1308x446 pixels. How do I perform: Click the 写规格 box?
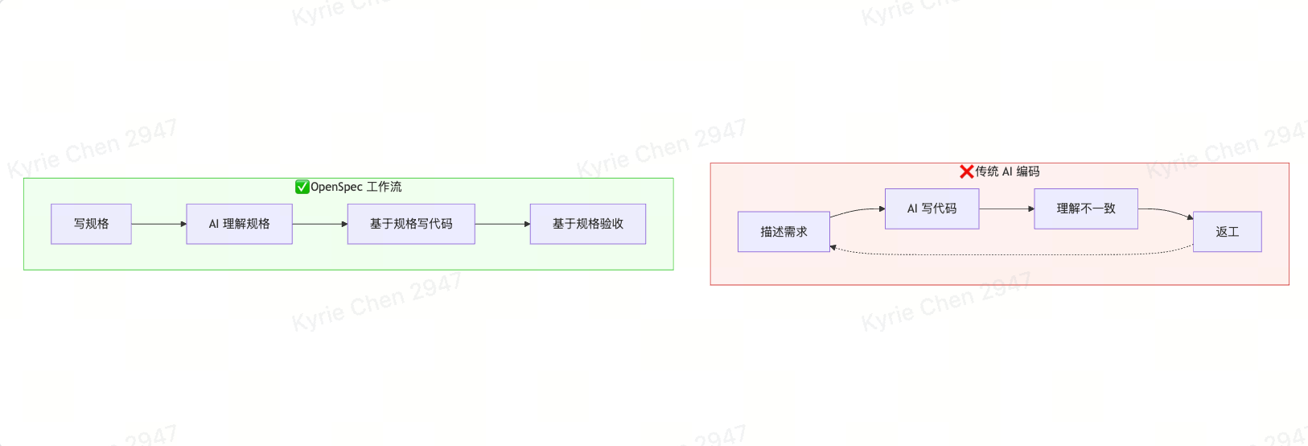[91, 224]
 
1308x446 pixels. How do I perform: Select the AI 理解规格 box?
[239, 224]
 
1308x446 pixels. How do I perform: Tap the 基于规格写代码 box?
[411, 224]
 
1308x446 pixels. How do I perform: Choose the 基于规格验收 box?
[587, 224]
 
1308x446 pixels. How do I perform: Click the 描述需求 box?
[784, 232]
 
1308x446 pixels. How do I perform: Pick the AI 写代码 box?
[932, 209]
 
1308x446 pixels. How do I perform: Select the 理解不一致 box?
[1085, 209]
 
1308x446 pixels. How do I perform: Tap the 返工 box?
[1227, 232]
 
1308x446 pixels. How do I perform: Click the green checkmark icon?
[302, 187]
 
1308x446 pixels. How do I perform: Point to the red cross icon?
[966, 171]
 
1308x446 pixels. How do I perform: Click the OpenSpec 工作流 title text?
[356, 187]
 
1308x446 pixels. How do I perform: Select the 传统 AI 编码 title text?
[1007, 171]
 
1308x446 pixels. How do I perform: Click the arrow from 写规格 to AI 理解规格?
[158, 224]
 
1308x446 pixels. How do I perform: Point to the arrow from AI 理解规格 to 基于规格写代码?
[319, 224]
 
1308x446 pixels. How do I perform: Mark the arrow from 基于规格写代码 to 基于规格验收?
[502, 224]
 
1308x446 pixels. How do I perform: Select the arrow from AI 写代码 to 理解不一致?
[1006, 209]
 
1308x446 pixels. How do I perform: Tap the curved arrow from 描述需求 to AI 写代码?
[856, 210]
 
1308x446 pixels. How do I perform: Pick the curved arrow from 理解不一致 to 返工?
[1166, 211]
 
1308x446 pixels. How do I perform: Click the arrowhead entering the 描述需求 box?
[833, 247]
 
